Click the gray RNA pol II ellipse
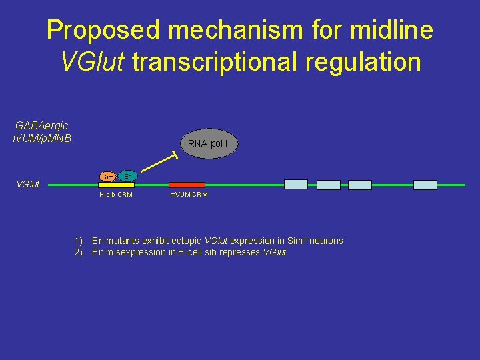click(x=209, y=143)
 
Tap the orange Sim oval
click(x=107, y=177)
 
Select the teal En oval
click(x=128, y=175)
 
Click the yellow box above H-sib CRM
click(x=117, y=185)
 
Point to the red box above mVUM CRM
click(x=187, y=185)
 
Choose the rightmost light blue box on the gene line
click(x=425, y=185)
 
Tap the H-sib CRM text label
click(x=115, y=195)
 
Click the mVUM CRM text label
click(x=189, y=195)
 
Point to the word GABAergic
click(x=41, y=125)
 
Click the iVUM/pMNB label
click(x=41, y=138)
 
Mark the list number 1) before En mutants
click(x=79, y=241)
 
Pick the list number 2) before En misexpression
click(x=79, y=252)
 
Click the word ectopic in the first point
click(x=187, y=241)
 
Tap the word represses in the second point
click(x=242, y=252)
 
